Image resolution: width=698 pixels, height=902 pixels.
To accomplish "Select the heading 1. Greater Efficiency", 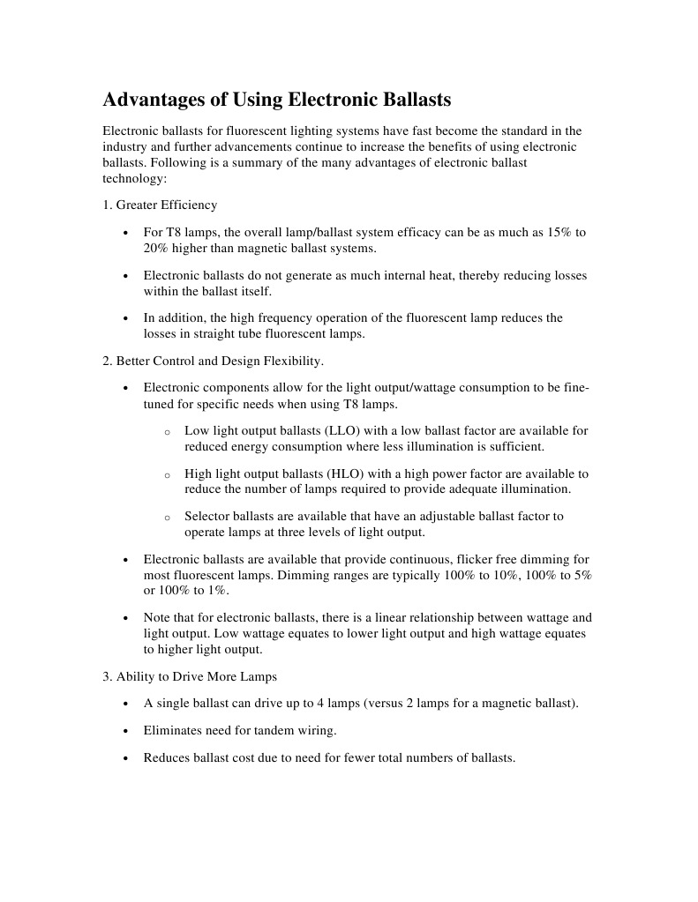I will [160, 205].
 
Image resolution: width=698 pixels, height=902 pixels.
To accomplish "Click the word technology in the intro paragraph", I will [132, 178].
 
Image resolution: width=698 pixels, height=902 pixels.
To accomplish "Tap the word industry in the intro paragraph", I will [124, 146].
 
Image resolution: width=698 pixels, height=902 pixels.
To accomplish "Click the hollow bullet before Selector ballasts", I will [167, 518].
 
